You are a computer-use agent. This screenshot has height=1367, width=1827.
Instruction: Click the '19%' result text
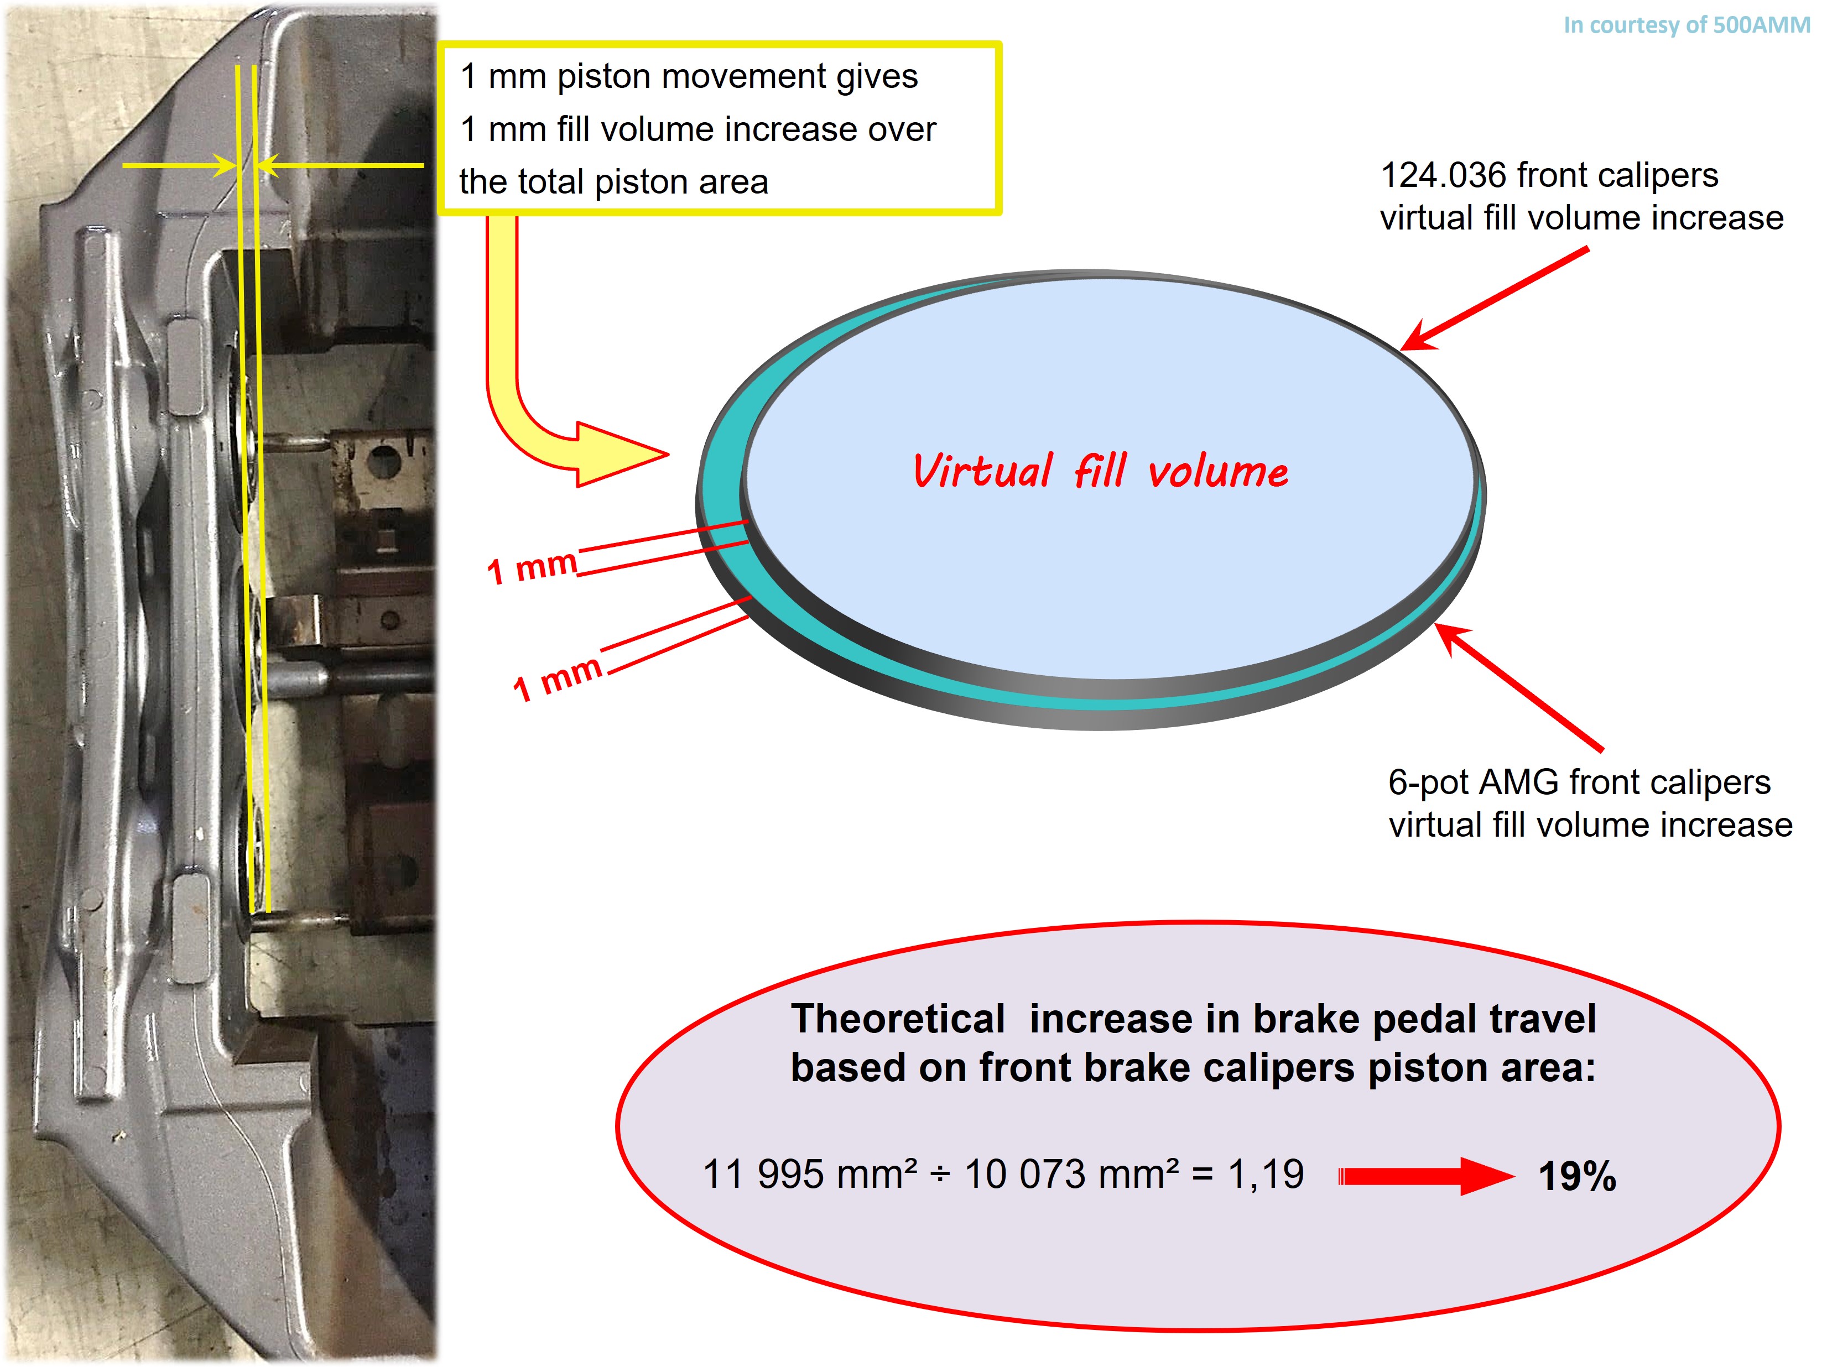coord(1576,1176)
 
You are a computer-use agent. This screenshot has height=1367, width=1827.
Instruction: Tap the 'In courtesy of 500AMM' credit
coord(1686,25)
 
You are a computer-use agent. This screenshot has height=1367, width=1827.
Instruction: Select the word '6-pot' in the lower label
coord(1427,782)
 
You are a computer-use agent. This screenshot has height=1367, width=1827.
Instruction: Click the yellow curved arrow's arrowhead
coord(620,455)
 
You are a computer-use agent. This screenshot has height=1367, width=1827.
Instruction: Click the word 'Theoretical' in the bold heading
coord(898,1019)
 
